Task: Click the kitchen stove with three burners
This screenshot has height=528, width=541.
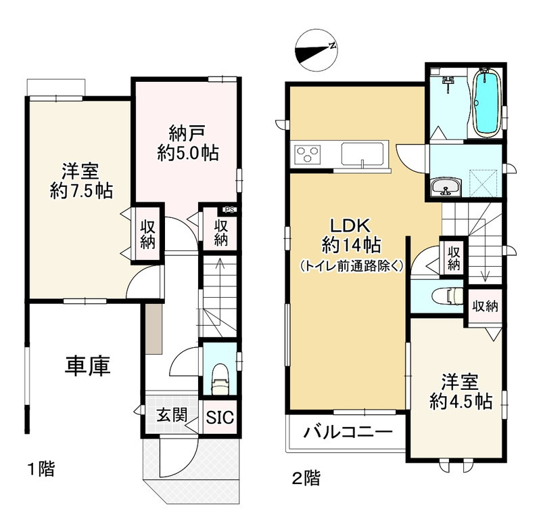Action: point(307,154)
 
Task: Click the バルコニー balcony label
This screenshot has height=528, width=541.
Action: point(347,431)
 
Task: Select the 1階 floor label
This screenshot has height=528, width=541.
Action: point(40,468)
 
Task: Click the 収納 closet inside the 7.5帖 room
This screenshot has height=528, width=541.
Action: point(148,234)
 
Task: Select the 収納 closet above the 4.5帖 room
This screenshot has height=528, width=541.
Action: point(485,306)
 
